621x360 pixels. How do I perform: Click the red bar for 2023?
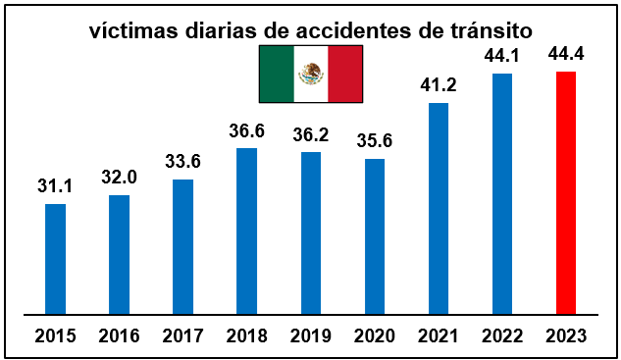[x=566, y=193]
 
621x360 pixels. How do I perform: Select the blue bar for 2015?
[x=56, y=259]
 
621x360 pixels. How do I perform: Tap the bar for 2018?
[x=246, y=231]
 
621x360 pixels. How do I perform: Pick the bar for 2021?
[x=439, y=209]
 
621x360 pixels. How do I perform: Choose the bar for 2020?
[x=375, y=236]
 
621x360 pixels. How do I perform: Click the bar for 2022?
[x=502, y=194]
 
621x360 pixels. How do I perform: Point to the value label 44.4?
[x=566, y=52]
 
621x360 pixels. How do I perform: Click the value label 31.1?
[x=56, y=184]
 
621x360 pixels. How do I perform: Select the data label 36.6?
[x=246, y=129]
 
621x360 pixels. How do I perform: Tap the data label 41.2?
[x=439, y=83]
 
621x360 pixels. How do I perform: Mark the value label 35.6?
[x=375, y=139]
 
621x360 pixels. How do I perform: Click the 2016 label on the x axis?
[x=120, y=336]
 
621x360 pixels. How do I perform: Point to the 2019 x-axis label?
[x=311, y=336]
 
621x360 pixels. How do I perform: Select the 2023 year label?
[x=566, y=336]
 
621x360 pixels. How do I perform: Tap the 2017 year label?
[x=182, y=336]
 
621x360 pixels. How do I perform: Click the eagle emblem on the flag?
[x=311, y=74]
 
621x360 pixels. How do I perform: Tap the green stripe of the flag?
[x=277, y=74]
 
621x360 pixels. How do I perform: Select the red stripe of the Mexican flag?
[x=344, y=74]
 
